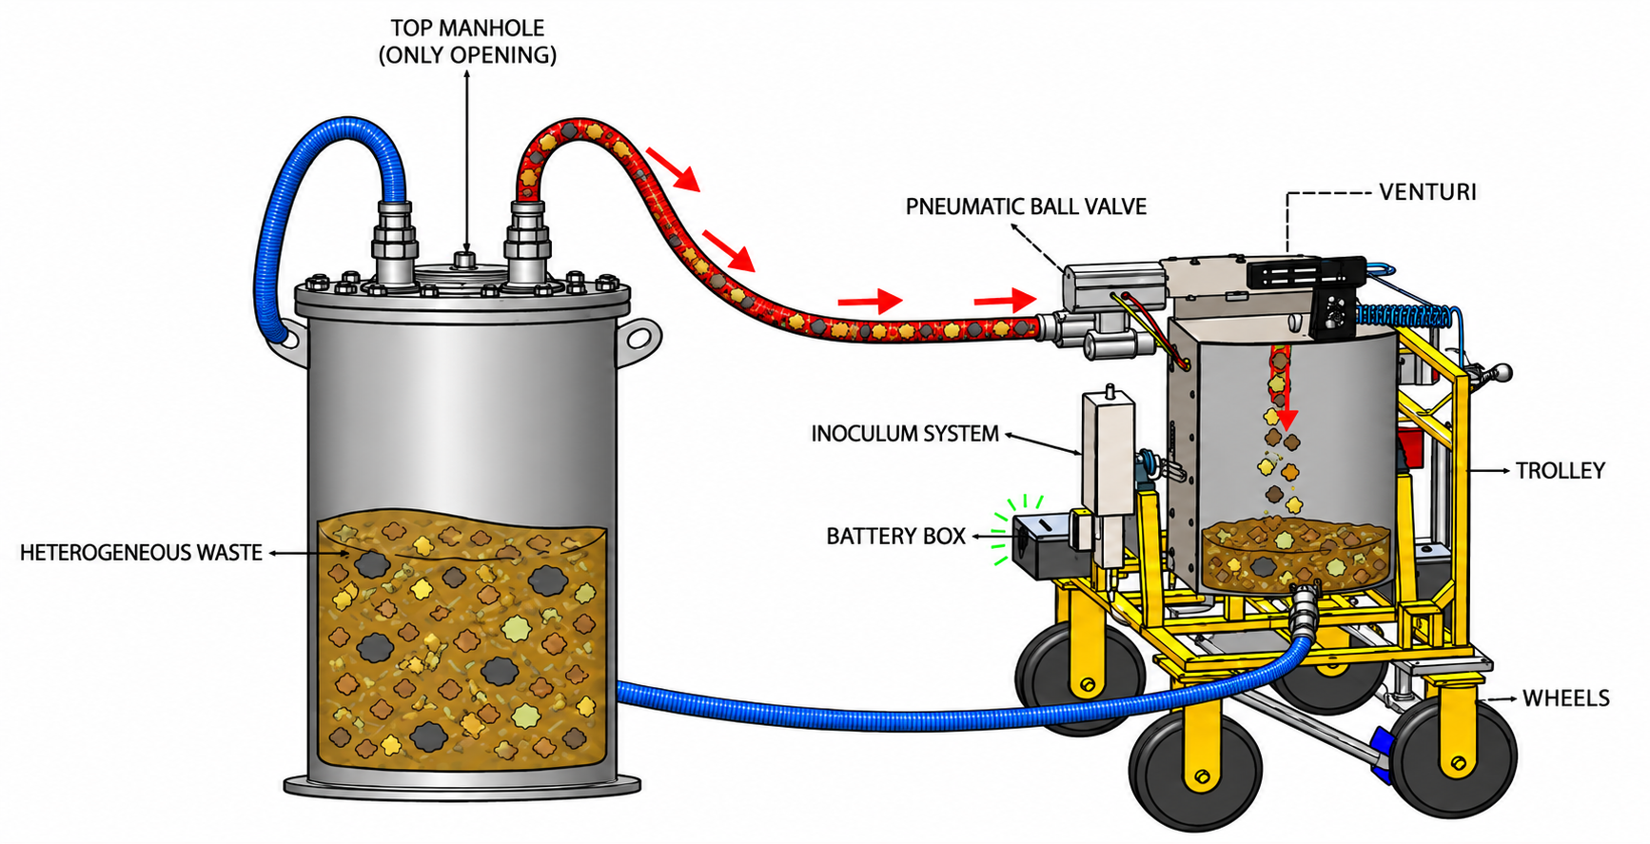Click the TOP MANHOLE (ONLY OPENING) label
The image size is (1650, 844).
(467, 42)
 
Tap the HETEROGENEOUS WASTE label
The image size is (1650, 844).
(141, 553)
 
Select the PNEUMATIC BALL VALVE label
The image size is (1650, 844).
(1026, 206)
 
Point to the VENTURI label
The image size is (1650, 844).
(1427, 192)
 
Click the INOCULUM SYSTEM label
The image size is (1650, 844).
(905, 434)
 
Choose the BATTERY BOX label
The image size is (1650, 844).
(895, 537)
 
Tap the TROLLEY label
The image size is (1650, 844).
(1560, 471)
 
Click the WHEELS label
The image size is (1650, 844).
(1566, 698)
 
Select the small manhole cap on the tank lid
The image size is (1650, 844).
(464, 260)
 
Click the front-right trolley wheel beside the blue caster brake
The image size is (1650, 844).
(1451, 756)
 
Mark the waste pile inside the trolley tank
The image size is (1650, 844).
(1294, 556)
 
